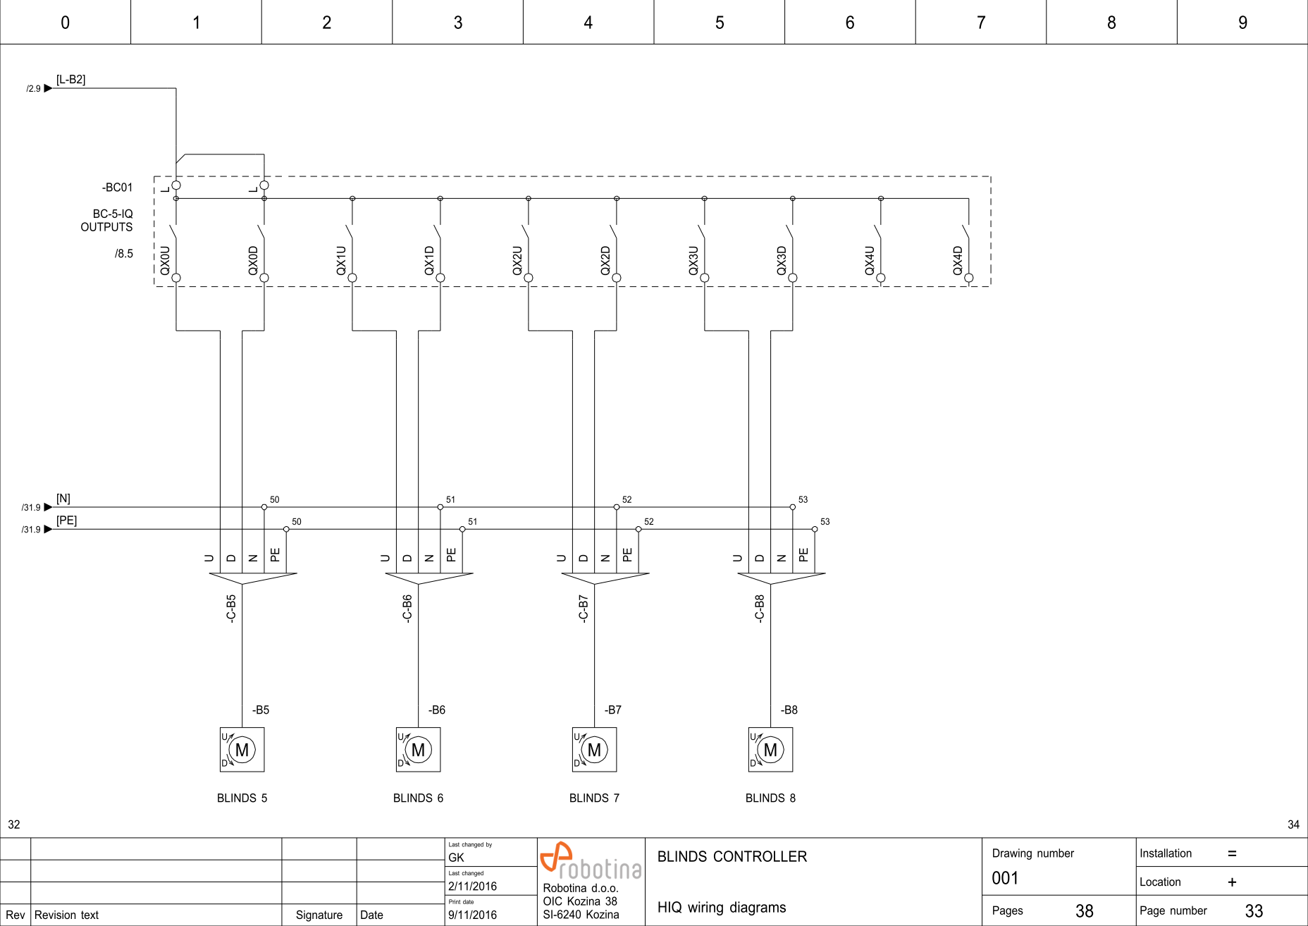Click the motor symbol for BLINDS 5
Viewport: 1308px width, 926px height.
click(x=242, y=750)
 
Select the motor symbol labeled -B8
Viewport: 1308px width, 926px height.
click(x=770, y=750)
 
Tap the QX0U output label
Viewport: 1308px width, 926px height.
click(x=166, y=260)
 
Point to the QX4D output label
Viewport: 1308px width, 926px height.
click(x=958, y=260)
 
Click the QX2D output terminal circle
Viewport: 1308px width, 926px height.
click(x=617, y=278)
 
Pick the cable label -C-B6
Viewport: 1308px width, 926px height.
click(x=407, y=608)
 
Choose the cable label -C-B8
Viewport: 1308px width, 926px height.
click(x=760, y=608)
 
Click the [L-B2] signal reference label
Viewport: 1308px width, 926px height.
click(x=70, y=80)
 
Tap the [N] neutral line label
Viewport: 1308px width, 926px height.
click(x=63, y=499)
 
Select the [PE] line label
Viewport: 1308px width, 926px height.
click(x=66, y=520)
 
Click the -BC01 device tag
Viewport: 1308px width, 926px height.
click(x=117, y=188)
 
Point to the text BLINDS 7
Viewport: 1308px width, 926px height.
click(x=594, y=798)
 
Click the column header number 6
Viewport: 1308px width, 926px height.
click(x=850, y=23)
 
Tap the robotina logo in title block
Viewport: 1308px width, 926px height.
click(x=591, y=860)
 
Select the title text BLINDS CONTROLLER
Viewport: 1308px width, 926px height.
click(x=732, y=857)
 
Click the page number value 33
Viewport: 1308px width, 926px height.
click(x=1254, y=911)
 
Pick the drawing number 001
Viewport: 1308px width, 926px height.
click(x=1005, y=878)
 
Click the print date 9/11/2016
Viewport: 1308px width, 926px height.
click(x=472, y=915)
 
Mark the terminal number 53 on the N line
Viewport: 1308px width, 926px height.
click(x=803, y=499)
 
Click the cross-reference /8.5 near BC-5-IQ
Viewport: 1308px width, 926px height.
click(x=124, y=254)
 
